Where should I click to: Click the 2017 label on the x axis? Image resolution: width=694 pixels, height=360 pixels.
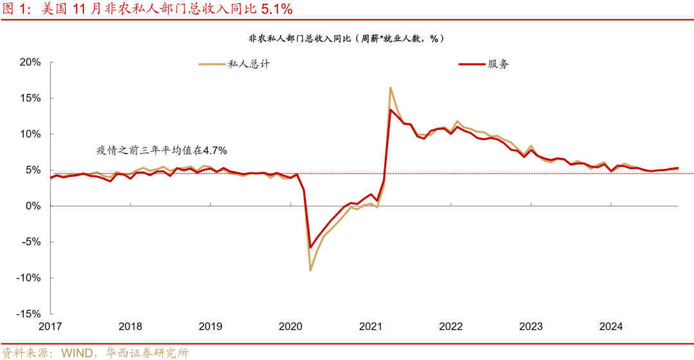pyautogui.click(x=50, y=327)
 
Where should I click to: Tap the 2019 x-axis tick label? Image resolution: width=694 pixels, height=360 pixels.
pyautogui.click(x=210, y=327)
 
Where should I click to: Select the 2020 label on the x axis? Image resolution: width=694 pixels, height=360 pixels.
pyautogui.click(x=290, y=327)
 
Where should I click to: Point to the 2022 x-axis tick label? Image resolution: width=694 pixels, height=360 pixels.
pyautogui.click(x=450, y=327)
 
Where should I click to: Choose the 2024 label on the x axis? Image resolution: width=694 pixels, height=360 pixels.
pyautogui.click(x=610, y=327)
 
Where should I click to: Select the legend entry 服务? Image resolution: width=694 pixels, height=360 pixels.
pyautogui.click(x=498, y=64)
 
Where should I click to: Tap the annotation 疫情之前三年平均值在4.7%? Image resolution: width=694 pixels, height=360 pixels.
pyautogui.click(x=161, y=150)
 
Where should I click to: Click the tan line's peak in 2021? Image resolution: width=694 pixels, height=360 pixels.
pyautogui.click(x=390, y=87)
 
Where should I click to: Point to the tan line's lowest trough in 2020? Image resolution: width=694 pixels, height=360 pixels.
pyautogui.click(x=310, y=270)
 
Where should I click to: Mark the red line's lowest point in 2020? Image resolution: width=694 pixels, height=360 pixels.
pyautogui.click(x=310, y=248)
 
